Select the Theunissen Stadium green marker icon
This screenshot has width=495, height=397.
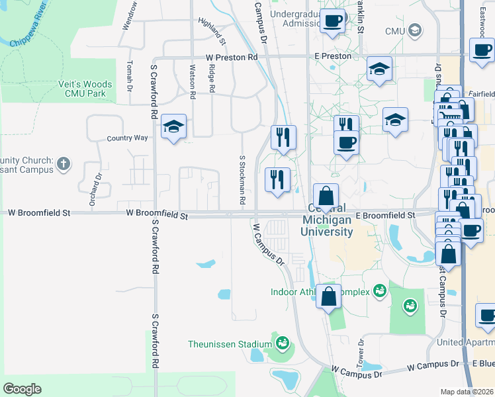coord(283,343)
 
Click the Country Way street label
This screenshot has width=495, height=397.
coord(128,138)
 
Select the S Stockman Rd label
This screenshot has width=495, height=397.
coord(243,180)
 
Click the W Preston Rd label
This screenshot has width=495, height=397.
coord(231,58)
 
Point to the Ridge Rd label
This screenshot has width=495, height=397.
coord(212,79)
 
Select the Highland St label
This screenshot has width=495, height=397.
coord(212,31)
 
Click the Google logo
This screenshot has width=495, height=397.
coord(22,389)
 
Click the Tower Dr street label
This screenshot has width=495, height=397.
coord(361,353)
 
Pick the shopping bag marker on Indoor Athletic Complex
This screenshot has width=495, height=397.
coord(328,296)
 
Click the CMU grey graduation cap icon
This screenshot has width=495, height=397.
coord(415,30)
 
